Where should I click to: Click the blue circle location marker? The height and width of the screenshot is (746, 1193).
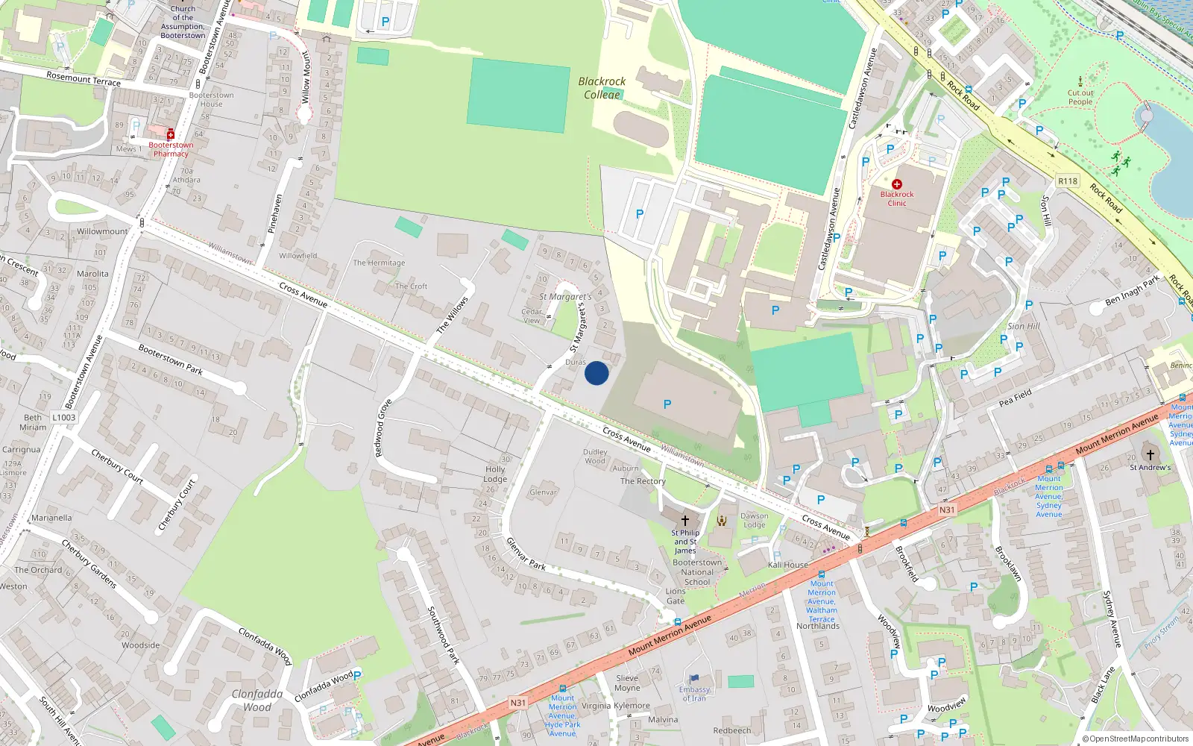(x=596, y=373)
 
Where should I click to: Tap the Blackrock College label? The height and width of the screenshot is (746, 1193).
(x=602, y=88)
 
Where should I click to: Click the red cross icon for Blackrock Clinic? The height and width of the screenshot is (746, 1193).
(x=897, y=184)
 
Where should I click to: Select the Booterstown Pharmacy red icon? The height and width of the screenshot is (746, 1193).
(x=171, y=134)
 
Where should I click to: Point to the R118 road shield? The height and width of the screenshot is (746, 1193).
(x=1068, y=181)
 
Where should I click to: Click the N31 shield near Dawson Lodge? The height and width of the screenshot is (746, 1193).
(x=946, y=510)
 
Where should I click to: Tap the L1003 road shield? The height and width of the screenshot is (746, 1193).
(x=64, y=417)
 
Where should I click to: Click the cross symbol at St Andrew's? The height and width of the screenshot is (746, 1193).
(x=1150, y=454)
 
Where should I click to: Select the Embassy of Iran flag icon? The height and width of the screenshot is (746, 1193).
(x=694, y=679)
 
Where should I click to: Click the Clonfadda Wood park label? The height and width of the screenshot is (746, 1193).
(x=257, y=700)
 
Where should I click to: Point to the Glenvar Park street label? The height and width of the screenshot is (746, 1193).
(x=526, y=554)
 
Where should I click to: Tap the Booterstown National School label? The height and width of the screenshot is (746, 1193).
(x=697, y=572)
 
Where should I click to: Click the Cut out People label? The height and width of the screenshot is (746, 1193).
(x=1080, y=98)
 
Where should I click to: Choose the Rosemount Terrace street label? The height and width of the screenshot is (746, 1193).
(x=84, y=78)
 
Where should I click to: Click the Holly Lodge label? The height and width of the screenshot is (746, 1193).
(x=495, y=474)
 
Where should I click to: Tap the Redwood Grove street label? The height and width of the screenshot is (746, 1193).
(x=383, y=428)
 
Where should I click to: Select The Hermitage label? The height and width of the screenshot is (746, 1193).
(x=379, y=263)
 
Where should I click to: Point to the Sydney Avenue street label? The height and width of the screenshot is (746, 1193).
(x=1112, y=618)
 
